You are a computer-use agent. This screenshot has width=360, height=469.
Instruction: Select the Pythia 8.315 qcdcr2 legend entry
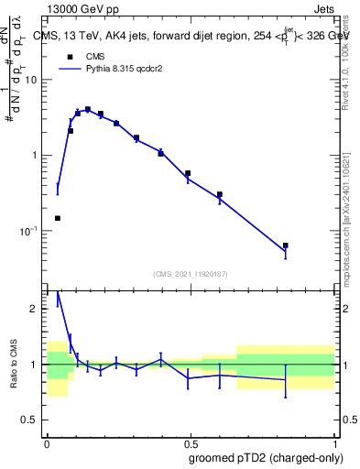pyautogui.click(x=105, y=70)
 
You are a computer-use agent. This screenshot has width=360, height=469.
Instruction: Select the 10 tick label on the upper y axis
pyautogui.click(x=32, y=80)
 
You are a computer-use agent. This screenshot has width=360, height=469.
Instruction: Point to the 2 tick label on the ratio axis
pyautogui.click(x=35, y=310)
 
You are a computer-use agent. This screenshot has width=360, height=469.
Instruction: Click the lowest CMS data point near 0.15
pyautogui.click(x=58, y=218)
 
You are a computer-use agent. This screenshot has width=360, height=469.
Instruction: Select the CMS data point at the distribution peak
pyautogui.click(x=88, y=109)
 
